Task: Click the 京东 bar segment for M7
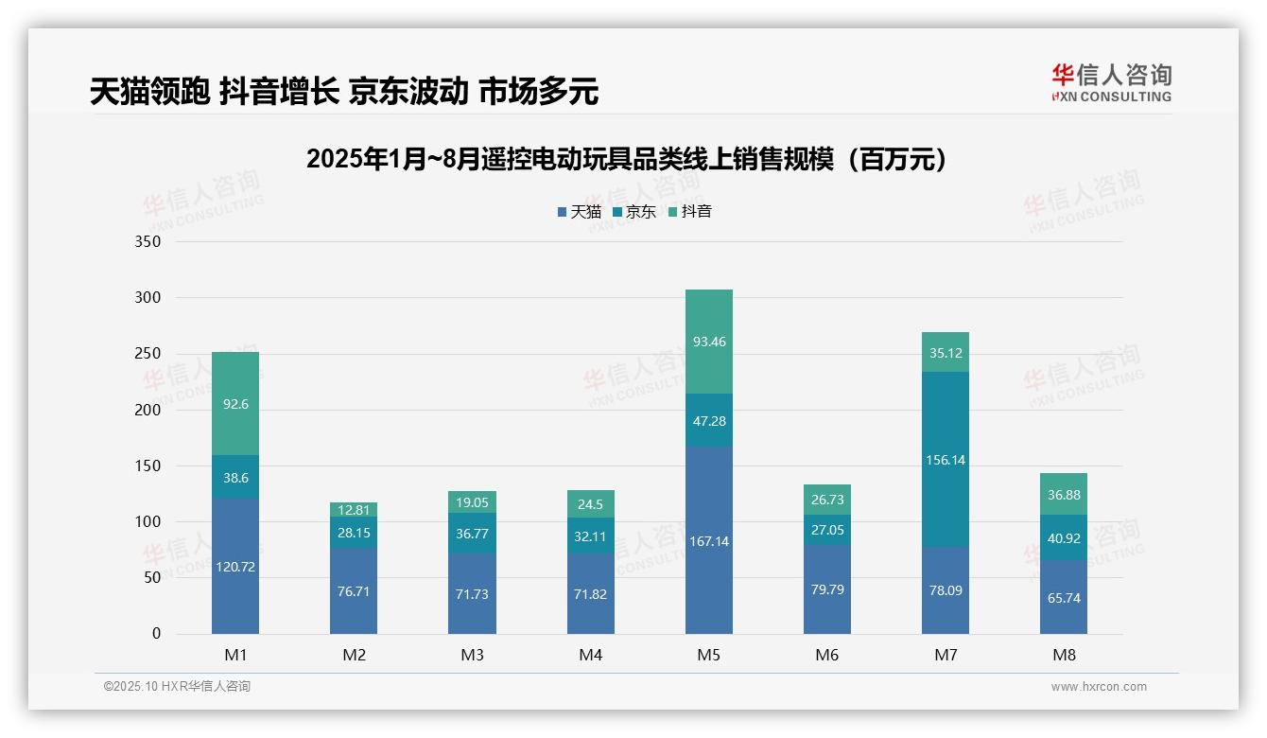pyautogui.click(x=945, y=460)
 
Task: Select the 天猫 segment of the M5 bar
pyautogui.click(x=708, y=540)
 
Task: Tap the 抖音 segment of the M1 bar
pyautogui.click(x=235, y=403)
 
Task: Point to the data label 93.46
pyautogui.click(x=708, y=342)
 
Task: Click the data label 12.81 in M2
pyautogui.click(x=354, y=509)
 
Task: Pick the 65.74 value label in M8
pyautogui.click(x=1063, y=598)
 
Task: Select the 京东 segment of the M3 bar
pyautogui.click(x=472, y=534)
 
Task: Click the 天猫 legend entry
pyautogui.click(x=579, y=212)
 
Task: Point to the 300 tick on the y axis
pyautogui.click(x=149, y=297)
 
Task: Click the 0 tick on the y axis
pyautogui.click(x=156, y=634)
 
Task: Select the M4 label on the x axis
pyautogui.click(x=590, y=655)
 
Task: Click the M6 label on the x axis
pyautogui.click(x=826, y=655)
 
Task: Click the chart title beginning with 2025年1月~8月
pyautogui.click(x=626, y=159)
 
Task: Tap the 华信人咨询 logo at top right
pyautogui.click(x=1111, y=82)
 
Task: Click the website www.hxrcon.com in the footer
pyautogui.click(x=1099, y=687)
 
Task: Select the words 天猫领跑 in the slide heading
pyautogui.click(x=149, y=92)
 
